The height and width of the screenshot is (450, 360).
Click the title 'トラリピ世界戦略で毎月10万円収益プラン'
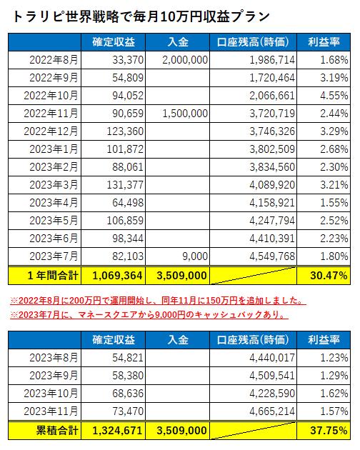(141, 16)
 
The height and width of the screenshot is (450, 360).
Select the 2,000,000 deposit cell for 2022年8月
(185, 60)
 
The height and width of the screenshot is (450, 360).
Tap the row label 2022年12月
(51, 131)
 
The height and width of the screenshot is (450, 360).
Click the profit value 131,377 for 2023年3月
(125, 185)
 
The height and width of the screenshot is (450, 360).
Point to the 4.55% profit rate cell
(334, 96)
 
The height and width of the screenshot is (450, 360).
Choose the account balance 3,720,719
(272, 114)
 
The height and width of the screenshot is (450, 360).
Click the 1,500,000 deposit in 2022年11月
(185, 114)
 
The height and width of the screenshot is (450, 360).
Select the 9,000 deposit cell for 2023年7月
(195, 256)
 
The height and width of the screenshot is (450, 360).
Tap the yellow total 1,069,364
(117, 276)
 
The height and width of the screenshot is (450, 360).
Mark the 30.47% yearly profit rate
(329, 276)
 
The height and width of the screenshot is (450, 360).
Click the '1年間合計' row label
(53, 276)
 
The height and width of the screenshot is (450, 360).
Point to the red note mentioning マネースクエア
(149, 315)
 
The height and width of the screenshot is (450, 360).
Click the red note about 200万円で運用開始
(158, 301)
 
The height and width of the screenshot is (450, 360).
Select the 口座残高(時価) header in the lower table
(253, 340)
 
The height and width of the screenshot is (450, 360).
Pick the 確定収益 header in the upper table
(114, 42)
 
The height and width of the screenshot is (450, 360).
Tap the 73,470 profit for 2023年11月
(128, 411)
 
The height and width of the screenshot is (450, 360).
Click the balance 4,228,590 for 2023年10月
(272, 394)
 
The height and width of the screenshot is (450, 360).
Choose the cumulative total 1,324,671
(117, 431)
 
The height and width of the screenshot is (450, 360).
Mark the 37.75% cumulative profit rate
(329, 431)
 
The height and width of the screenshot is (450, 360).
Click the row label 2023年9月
(54, 376)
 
